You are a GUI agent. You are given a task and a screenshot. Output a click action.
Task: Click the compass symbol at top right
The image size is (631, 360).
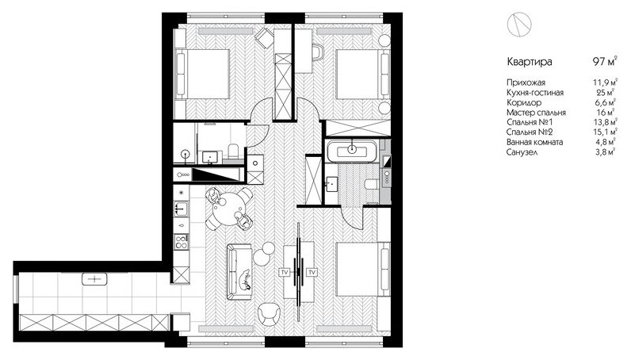pyautogui.click(x=519, y=24)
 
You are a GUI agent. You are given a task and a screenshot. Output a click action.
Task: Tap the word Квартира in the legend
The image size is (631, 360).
pyautogui.click(x=530, y=62)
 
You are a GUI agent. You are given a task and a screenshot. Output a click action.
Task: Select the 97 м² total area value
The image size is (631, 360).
pyautogui.click(x=605, y=62)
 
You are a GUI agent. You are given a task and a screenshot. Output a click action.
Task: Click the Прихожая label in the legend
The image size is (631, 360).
pyautogui.click(x=526, y=82)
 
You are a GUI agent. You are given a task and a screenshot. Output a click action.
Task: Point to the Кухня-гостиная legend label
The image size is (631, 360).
pyautogui.click(x=535, y=93)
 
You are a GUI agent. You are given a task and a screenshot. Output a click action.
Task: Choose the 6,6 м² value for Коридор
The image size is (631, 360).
pyautogui.click(x=606, y=102)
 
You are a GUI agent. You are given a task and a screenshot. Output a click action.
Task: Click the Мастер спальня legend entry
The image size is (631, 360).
pyautogui.click(x=536, y=113)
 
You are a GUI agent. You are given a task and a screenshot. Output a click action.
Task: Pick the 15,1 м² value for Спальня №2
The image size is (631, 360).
pyautogui.click(x=605, y=132)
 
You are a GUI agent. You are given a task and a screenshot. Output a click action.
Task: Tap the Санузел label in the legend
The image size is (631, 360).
pyautogui.click(x=522, y=152)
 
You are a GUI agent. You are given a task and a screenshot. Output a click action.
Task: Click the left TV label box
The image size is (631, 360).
pyautogui.click(x=285, y=272)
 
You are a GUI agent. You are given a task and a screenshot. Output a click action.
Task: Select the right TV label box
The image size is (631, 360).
pyautogui.click(x=312, y=272)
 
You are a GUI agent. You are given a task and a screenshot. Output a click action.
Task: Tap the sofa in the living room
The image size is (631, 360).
pyautogui.click(x=239, y=272)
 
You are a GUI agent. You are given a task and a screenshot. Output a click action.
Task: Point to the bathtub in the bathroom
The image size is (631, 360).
pyautogui.click(x=352, y=151)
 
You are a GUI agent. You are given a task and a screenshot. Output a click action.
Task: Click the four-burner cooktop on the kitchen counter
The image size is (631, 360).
pyautogui.click(x=182, y=241)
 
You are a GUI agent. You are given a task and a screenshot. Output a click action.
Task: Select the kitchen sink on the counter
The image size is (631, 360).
pyautogui.click(x=182, y=209)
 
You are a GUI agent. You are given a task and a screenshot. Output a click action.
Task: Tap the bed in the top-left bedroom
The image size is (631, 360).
pyautogui.click(x=203, y=74)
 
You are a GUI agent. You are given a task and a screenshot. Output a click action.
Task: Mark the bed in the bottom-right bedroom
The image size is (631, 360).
pyautogui.click(x=363, y=269)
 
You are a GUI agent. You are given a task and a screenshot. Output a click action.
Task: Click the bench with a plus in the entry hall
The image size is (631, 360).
pyautogui.click(x=94, y=278)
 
